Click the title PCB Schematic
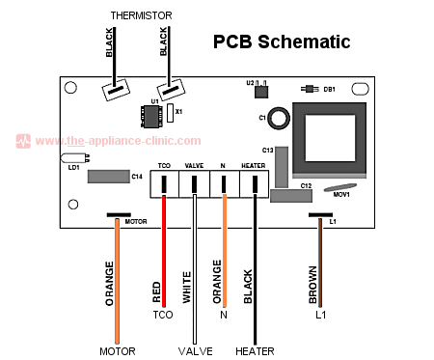(282, 42)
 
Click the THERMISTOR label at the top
(141, 16)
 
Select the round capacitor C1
(278, 119)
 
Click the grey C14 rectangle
(107, 177)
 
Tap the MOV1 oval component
(342, 189)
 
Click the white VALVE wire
(194, 261)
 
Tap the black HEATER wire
(255, 261)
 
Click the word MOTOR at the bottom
(117, 350)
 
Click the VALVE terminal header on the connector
(194, 166)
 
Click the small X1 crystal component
(171, 113)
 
